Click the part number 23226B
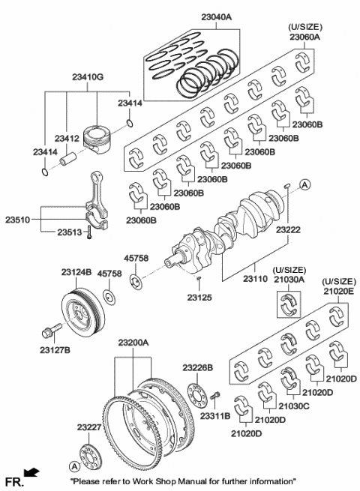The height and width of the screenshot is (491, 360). (198, 367)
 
